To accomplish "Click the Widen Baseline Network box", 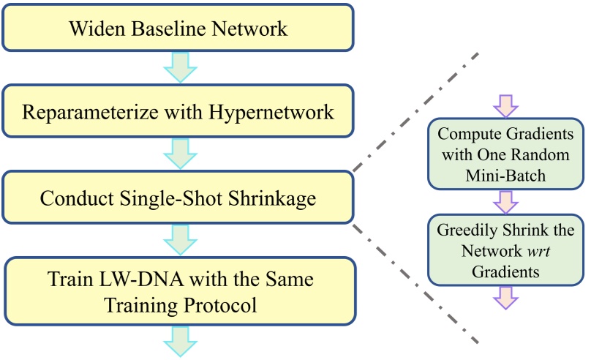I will coord(178,29).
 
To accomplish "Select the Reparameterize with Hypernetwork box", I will coord(178,113).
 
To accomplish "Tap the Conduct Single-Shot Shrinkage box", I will coord(178,197).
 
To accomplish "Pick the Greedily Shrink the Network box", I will coord(505,251).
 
